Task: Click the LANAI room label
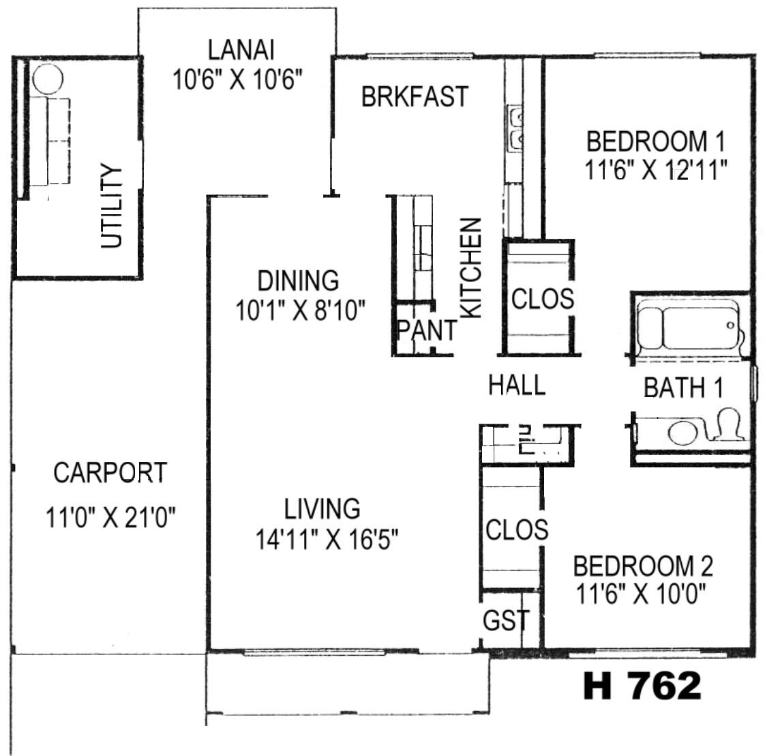pyautogui.click(x=241, y=50)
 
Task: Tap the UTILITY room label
pyautogui.click(x=111, y=206)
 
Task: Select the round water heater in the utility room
pyautogui.click(x=48, y=79)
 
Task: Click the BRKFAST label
pyautogui.click(x=415, y=96)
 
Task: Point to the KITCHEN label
pyautogui.click(x=471, y=268)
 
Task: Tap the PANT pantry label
pyautogui.click(x=427, y=330)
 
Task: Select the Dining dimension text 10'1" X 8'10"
pyautogui.click(x=300, y=310)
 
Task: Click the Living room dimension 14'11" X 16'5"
pyautogui.click(x=327, y=539)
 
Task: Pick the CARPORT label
pyautogui.click(x=110, y=472)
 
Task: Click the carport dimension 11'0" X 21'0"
pyautogui.click(x=110, y=517)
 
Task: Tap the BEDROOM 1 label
pyautogui.click(x=656, y=141)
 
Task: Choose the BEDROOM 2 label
pyautogui.click(x=643, y=566)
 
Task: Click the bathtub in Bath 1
pyautogui.click(x=689, y=328)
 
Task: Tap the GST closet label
pyautogui.click(x=506, y=620)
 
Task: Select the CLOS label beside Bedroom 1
pyautogui.click(x=543, y=298)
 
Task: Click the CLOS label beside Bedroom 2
pyautogui.click(x=517, y=529)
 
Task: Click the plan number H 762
pyautogui.click(x=642, y=685)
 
